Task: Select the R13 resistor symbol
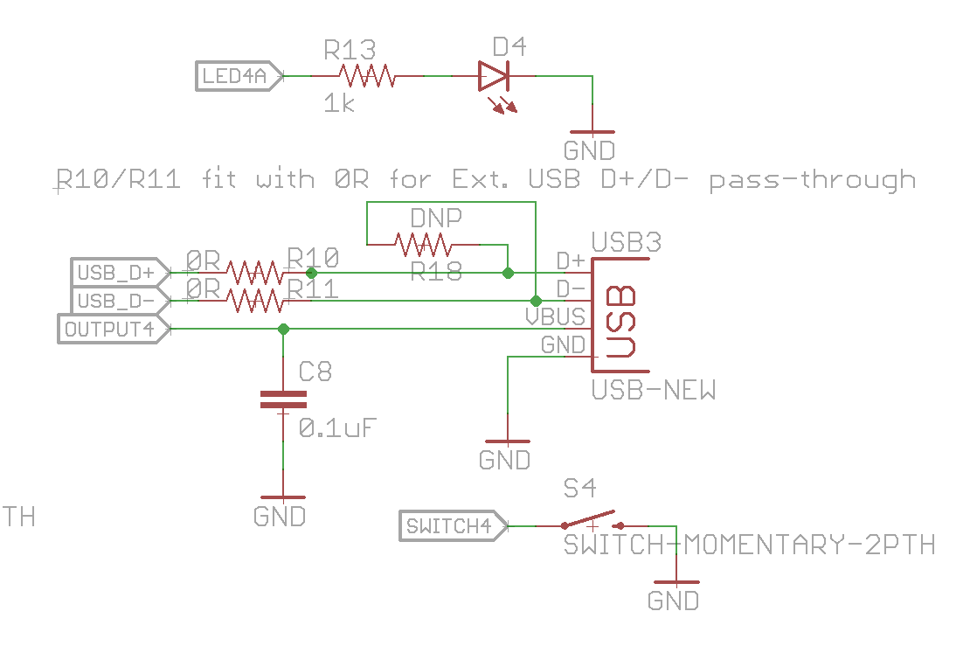click(x=367, y=77)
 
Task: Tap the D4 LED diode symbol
click(x=493, y=77)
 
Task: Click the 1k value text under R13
click(x=338, y=105)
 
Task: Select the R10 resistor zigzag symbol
click(x=254, y=273)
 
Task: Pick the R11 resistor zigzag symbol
click(x=254, y=301)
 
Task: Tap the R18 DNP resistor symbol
click(x=423, y=244)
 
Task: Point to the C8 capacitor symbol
click(x=283, y=400)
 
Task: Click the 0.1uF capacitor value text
click(x=338, y=428)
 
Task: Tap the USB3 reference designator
click(x=627, y=241)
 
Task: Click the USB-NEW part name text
click(x=654, y=390)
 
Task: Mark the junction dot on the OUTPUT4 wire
click(x=283, y=330)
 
